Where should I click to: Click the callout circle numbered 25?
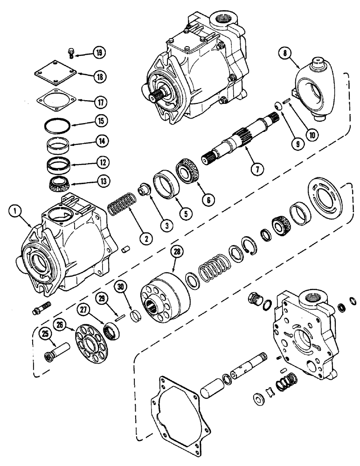coord(45,334)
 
